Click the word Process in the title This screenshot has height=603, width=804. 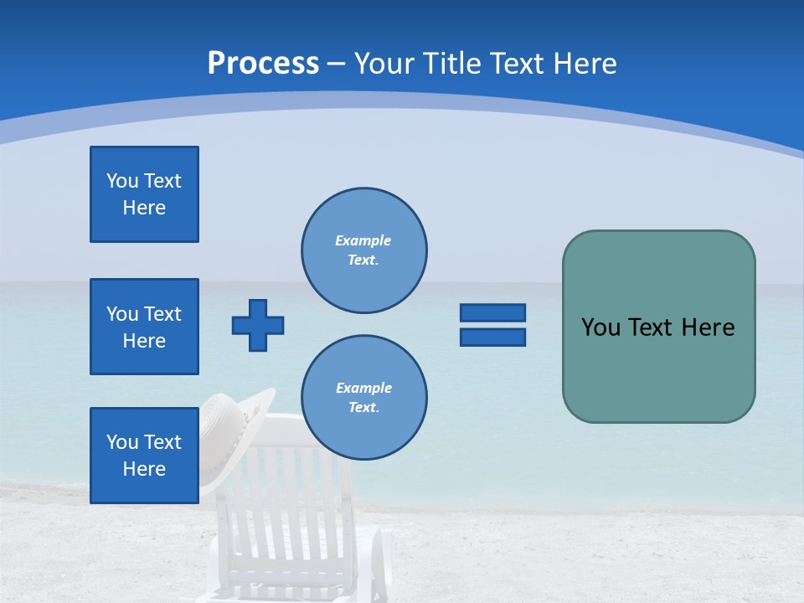(263, 64)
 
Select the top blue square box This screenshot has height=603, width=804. (144, 194)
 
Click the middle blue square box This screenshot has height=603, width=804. (144, 327)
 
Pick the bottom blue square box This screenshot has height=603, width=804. (144, 456)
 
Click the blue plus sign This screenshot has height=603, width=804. (258, 325)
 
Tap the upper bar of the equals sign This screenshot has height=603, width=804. (492, 312)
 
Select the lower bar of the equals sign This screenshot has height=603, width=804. (492, 338)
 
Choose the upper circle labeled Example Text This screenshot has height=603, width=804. (363, 250)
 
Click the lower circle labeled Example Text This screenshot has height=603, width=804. (363, 397)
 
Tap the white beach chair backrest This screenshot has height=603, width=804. (289, 486)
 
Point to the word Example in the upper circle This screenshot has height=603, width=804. (363, 240)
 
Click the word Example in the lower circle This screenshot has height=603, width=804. (363, 388)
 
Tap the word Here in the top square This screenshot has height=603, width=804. (144, 208)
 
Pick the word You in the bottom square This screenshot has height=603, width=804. (122, 442)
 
